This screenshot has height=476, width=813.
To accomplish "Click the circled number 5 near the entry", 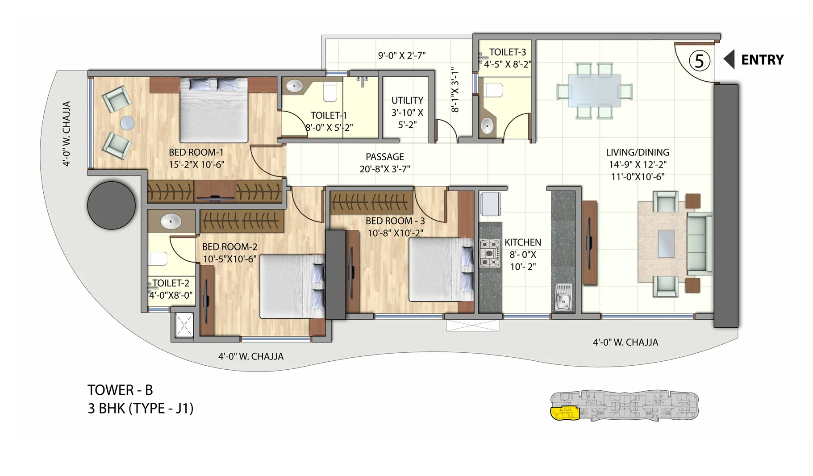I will click(x=699, y=60).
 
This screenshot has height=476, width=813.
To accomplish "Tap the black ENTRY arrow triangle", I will click(x=730, y=59).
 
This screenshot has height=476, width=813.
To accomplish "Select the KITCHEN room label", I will click(x=522, y=242).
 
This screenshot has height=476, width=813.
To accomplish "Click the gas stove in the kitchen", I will click(x=489, y=253).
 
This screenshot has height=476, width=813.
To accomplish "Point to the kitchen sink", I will click(x=563, y=297).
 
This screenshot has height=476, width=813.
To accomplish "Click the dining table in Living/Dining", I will click(x=594, y=91).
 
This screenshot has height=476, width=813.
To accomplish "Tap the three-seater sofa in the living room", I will click(x=699, y=243).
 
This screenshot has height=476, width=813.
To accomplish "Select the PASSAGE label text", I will click(x=384, y=157).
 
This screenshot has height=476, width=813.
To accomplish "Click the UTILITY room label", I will click(x=407, y=100).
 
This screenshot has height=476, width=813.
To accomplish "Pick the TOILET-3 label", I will click(x=507, y=52).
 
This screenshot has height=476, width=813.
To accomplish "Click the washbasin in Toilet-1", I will click(x=294, y=86).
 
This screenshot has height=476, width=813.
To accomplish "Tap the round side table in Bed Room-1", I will click(x=127, y=123).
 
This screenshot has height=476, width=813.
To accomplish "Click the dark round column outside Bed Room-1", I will click(x=111, y=205).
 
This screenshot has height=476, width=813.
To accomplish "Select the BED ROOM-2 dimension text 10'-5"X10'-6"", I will click(x=229, y=259).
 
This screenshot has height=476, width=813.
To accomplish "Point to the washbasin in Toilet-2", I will click(x=171, y=221).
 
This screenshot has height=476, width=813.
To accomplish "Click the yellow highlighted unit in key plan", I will click(x=564, y=413).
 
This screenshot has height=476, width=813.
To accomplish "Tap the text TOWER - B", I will click(x=120, y=390).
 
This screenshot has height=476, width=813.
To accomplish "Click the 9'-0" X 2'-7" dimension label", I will click(x=402, y=55).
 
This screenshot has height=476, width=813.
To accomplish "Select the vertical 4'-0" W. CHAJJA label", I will click(x=67, y=134).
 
